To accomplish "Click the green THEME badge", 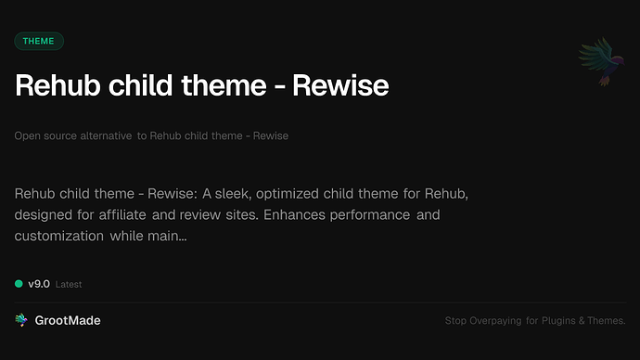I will (x=39, y=41).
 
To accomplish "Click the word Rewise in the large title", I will (x=340, y=85).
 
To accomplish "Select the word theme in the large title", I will (x=221, y=85).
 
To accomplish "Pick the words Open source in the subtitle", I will (x=41, y=136).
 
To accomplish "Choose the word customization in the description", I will (x=58, y=237).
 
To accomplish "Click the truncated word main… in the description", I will (x=168, y=237).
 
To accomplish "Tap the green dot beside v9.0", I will (x=19, y=284).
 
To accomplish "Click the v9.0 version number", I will (x=38, y=284).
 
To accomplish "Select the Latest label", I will (x=69, y=284).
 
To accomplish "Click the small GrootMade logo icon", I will (x=20, y=320).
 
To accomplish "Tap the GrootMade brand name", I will (x=69, y=320).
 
